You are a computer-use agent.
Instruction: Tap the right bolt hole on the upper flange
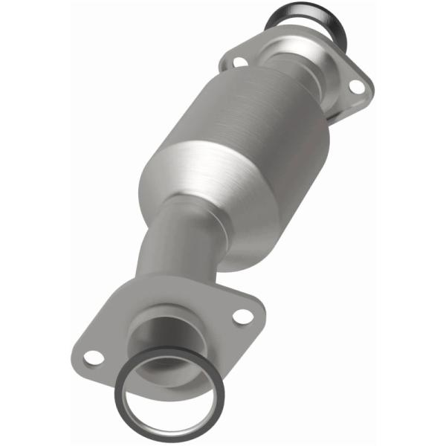point(356,87)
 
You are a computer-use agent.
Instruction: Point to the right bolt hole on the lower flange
point(241,315)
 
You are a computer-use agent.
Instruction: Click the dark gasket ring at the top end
point(300,13)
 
